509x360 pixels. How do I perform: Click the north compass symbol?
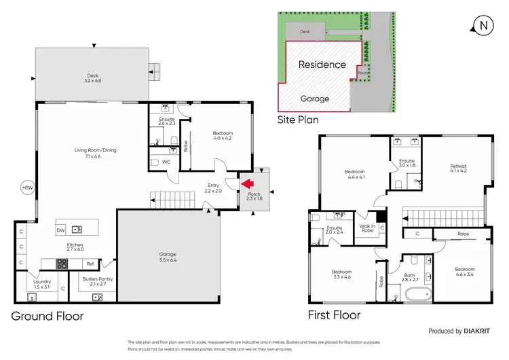click(x=483, y=26)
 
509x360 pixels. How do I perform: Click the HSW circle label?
click(x=27, y=187)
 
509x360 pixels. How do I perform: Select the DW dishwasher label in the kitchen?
click(x=61, y=230)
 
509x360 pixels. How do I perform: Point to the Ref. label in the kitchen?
click(x=90, y=264)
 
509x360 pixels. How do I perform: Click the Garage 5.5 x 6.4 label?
click(x=168, y=257)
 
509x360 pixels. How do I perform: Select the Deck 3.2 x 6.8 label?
click(x=93, y=78)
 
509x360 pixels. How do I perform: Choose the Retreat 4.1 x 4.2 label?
click(x=458, y=169)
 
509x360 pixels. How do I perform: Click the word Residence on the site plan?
click(x=322, y=65)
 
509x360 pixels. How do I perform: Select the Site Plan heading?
click(x=298, y=120)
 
